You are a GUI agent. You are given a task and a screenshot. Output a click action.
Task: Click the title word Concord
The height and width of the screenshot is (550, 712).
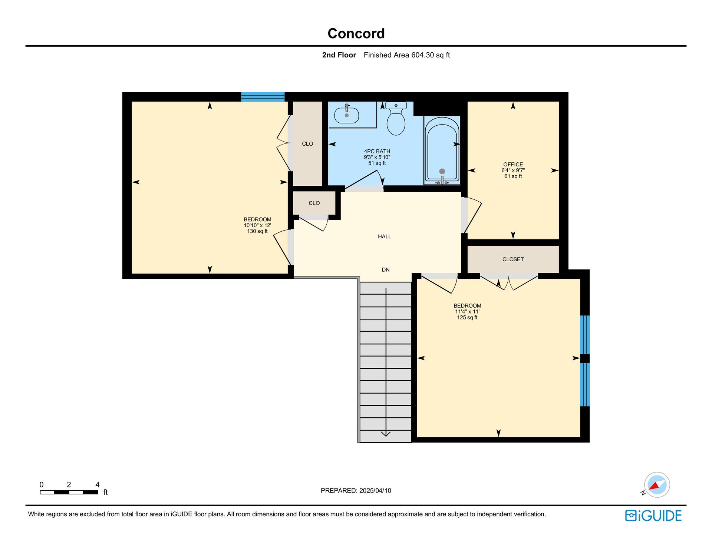point(356,33)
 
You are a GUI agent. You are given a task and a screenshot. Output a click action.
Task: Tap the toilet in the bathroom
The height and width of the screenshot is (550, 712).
point(396,119)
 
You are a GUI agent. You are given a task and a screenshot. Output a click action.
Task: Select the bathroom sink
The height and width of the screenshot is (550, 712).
point(347,115)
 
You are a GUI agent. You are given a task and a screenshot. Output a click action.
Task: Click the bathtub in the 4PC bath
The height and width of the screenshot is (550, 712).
point(442,151)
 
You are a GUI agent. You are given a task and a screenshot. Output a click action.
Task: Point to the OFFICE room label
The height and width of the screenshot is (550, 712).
point(513,164)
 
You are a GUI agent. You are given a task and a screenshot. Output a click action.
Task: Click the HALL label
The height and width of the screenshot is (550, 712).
point(385,236)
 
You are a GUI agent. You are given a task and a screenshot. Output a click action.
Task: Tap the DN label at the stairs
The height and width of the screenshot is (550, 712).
point(386,270)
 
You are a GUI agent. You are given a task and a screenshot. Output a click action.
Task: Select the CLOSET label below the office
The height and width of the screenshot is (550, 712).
point(513,259)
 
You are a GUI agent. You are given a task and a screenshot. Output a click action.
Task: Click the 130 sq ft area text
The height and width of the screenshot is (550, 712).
point(257,231)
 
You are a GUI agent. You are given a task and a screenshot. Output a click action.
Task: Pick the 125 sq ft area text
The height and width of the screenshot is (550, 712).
point(467,318)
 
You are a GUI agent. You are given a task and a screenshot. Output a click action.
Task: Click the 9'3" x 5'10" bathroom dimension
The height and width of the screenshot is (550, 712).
point(377,157)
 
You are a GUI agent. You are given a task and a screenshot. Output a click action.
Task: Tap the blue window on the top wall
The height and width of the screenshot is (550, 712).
point(263,97)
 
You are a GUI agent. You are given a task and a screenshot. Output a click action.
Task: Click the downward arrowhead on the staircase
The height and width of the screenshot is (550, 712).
point(386,433)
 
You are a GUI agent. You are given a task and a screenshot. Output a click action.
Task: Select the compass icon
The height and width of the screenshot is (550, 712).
point(657,485)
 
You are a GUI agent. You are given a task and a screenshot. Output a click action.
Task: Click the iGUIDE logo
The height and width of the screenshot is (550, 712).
point(653,516)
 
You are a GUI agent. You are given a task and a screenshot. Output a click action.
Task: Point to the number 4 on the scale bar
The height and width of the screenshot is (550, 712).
point(98,485)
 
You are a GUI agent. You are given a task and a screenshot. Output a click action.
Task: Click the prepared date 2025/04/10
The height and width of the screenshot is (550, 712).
point(375,491)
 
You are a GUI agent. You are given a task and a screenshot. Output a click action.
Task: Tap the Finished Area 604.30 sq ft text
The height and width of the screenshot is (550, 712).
point(407,55)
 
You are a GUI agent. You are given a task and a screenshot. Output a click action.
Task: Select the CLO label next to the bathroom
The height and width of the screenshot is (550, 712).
point(307,144)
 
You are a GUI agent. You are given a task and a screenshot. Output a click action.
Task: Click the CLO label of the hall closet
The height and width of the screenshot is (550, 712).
point(314,203)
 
